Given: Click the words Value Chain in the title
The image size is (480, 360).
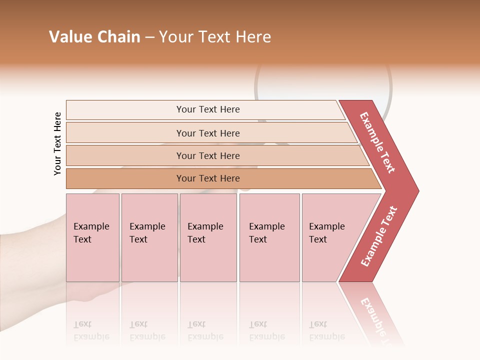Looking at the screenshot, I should pyautogui.click(x=94, y=37).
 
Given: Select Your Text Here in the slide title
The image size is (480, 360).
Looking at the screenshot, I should pyautogui.click(x=215, y=37).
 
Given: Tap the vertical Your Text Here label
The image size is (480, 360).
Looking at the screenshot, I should pyautogui.click(x=57, y=143).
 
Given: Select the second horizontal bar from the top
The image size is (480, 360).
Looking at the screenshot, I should pyautogui.click(x=207, y=133).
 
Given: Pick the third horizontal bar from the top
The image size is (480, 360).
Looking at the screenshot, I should pyautogui.click(x=207, y=155).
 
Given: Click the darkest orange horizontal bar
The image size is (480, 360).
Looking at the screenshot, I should pyautogui.click(x=207, y=178).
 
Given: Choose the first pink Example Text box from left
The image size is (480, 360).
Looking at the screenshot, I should pyautogui.click(x=92, y=237).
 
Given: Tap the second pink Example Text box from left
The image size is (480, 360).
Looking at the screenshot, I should pyautogui.click(x=149, y=237).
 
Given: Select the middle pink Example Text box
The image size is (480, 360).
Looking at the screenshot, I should pyautogui.click(x=208, y=237).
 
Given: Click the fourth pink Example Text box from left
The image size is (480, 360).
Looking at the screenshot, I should pyautogui.click(x=269, y=237).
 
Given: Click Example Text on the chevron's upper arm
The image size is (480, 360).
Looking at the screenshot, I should pyautogui.click(x=377, y=142).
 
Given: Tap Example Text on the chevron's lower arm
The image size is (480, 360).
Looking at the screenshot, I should pyautogui.click(x=379, y=236).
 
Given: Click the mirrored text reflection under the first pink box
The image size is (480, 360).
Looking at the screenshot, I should pyautogui.click(x=91, y=330).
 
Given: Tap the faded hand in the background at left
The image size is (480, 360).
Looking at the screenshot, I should pyautogui.click(x=30, y=260).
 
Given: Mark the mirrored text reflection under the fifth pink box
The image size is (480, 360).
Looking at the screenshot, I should pyautogui.click(x=327, y=330).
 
